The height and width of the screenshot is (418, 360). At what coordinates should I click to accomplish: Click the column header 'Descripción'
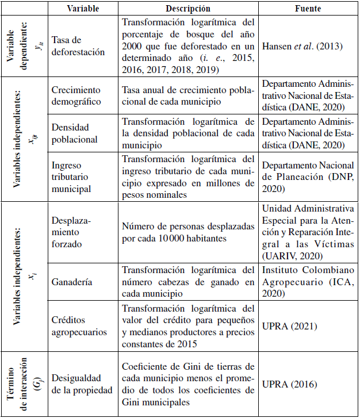click(187, 9)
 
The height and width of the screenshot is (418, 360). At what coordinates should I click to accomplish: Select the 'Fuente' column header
click(308, 9)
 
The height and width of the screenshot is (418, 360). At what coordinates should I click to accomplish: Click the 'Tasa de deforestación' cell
click(79, 45)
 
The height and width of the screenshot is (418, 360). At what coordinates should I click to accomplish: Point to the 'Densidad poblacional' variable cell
click(75, 133)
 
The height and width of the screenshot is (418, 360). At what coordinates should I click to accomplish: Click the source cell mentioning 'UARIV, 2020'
click(308, 232)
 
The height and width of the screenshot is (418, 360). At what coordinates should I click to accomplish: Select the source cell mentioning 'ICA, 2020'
click(308, 282)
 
